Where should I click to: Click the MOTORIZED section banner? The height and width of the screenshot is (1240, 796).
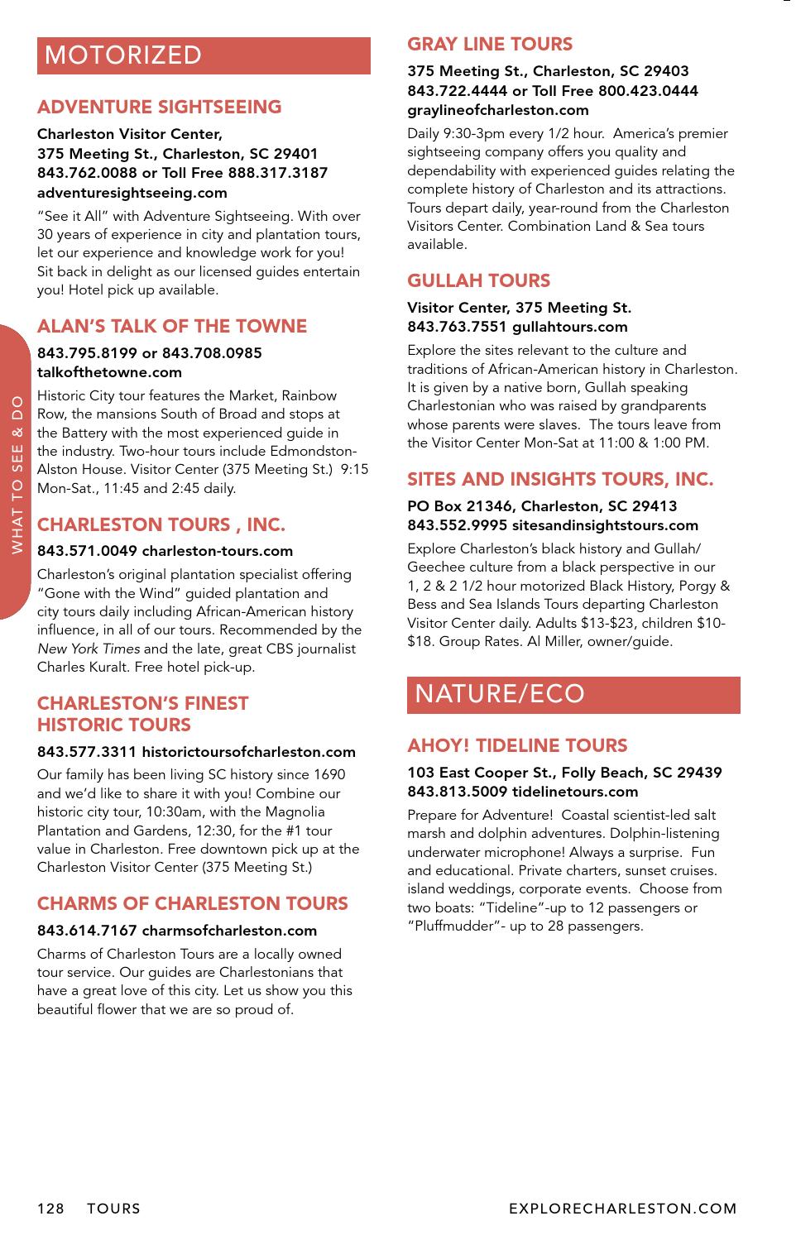coord(204,55)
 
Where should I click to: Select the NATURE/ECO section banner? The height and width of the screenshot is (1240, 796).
coord(573,694)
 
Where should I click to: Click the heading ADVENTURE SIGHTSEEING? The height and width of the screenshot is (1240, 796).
coord(159,107)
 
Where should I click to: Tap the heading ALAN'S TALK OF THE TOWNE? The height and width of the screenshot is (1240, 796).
coord(172,326)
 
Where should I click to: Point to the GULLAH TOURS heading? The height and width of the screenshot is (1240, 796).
coord(478,280)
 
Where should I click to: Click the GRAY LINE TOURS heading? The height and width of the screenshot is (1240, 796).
coord(490,44)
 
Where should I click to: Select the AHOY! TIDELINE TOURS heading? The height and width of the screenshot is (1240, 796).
coord(517,745)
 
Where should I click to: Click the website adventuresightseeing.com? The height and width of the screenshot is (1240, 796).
coord(132,193)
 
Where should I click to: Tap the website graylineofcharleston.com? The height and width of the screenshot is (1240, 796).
coord(498,110)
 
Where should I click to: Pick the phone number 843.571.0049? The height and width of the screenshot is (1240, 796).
coord(87,551)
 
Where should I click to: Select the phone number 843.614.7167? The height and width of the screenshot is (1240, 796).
coord(87,931)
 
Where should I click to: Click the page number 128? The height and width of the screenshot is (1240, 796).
coord(50,1209)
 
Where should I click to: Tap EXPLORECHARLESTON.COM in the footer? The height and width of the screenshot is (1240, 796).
coord(623,1209)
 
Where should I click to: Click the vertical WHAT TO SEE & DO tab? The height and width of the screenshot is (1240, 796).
coord(17,472)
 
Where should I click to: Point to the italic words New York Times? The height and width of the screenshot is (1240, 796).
coord(88,649)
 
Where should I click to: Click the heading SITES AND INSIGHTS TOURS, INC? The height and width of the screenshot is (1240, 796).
coord(560,479)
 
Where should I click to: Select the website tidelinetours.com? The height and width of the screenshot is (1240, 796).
coord(575,792)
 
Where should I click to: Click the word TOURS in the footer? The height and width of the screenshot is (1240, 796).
coord(114,1209)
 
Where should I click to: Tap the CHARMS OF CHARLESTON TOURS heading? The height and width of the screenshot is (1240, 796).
coord(193,903)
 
